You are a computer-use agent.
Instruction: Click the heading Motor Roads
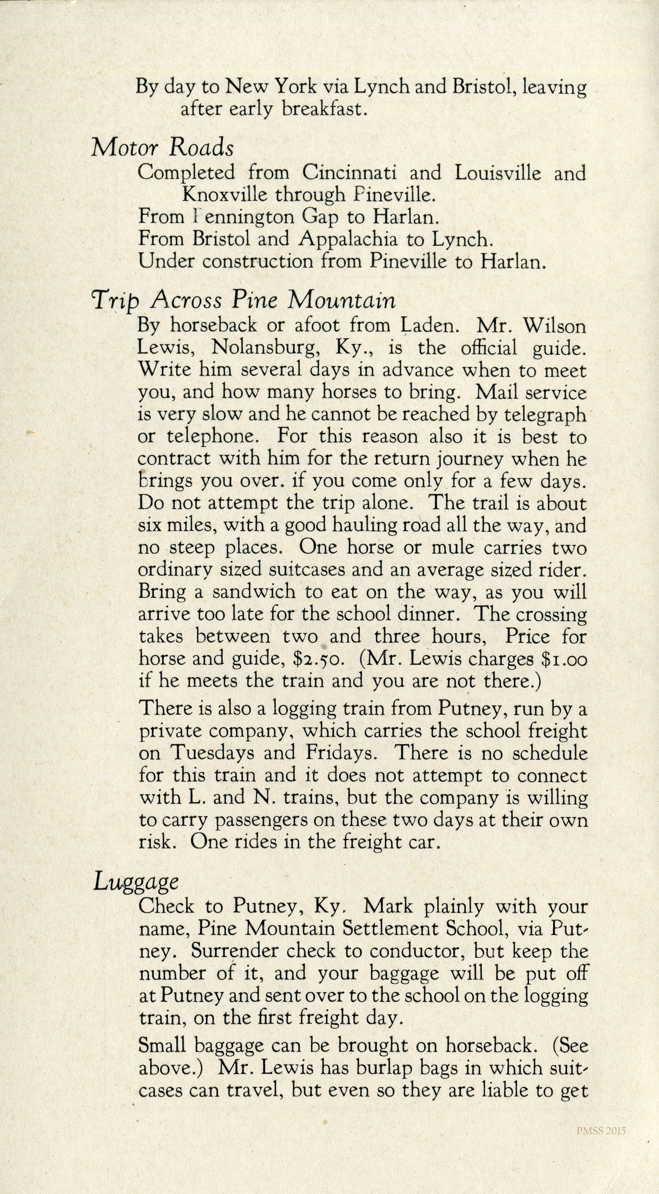162,148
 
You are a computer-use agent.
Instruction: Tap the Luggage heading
136,882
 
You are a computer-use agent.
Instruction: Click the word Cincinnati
349,173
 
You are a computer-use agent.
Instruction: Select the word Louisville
498,173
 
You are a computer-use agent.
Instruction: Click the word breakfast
322,109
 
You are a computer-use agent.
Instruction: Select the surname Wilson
554,326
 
